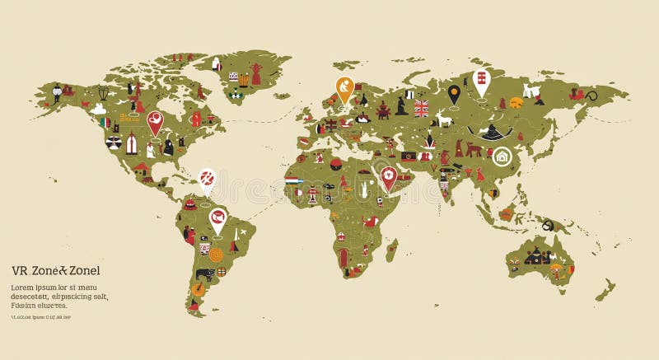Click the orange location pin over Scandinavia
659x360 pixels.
pos(344,87)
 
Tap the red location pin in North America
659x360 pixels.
pos(154,122)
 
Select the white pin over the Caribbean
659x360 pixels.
pos(207,179)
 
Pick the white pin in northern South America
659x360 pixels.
pos(217,219)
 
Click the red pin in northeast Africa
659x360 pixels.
pos(387,177)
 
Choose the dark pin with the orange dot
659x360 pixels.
pos(454,94)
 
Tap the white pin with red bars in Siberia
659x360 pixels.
pos(481,82)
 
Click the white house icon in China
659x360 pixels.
pos(502,157)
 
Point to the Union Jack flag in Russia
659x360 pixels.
pos(422,108)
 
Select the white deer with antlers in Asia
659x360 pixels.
pos(446,120)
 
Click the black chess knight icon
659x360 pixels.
pos(401,105)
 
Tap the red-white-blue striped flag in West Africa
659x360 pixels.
pos(294,179)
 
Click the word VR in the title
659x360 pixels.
pos(19,270)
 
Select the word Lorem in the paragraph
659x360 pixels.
pos(24,288)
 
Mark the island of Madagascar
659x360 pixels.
pos(391,249)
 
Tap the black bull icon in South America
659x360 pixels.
pos(203,274)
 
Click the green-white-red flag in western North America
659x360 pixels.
pos(105,123)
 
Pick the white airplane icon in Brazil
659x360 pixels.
pos(234,245)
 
